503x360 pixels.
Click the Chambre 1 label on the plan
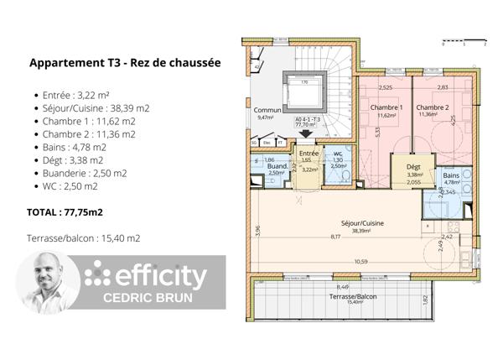pos(386,107)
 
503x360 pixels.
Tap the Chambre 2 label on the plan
pos(433,107)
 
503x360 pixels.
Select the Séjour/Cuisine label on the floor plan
pos(362,223)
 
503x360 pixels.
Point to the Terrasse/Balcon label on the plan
pos(350,297)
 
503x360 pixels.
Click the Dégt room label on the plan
pos(412,167)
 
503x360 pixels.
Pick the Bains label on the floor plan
pos(452,175)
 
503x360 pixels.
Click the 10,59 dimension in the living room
pos(360,262)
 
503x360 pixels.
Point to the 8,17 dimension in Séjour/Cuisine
pos(336,237)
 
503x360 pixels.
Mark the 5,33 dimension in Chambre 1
pos(379,131)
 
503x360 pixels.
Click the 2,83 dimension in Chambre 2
pos(442,87)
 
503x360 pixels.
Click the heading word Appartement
pos(69,63)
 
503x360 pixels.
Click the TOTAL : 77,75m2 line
pos(65,213)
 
